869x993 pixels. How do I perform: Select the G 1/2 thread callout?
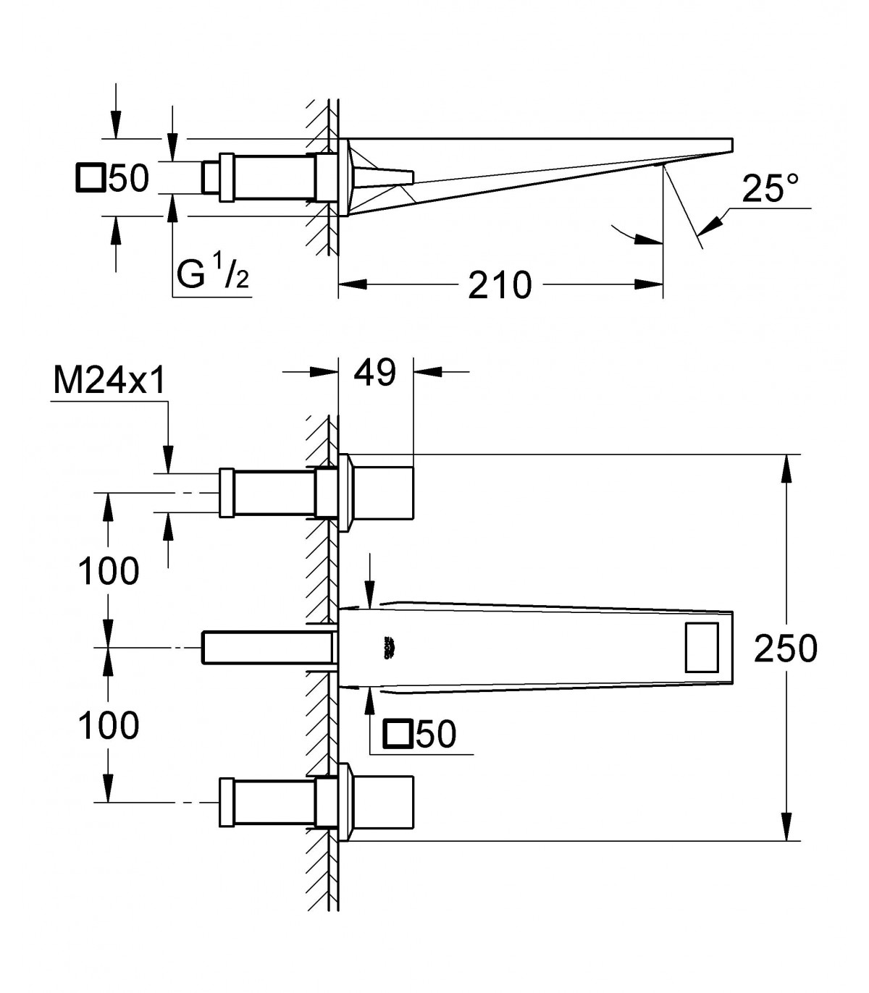click(213, 274)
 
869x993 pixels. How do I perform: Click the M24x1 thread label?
click(109, 381)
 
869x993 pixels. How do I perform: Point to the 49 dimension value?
click(375, 373)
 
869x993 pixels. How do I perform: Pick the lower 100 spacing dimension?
click(109, 726)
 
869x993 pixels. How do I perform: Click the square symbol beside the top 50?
click(91, 178)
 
